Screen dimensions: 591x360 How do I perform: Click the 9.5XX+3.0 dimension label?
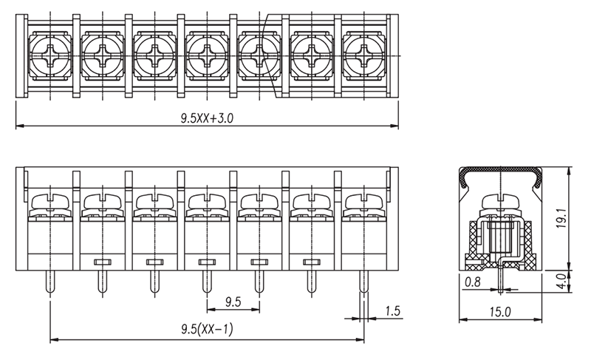207,118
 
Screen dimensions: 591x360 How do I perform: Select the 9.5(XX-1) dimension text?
207,329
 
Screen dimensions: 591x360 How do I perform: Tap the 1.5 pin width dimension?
393,311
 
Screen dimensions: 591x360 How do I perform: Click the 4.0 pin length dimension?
561,281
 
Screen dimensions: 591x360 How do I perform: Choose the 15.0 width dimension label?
500,312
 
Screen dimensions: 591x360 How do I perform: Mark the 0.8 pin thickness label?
473,282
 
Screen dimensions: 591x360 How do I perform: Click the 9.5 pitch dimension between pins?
233,302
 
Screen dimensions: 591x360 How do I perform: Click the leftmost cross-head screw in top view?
50,55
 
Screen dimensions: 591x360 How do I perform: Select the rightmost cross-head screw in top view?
363,55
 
